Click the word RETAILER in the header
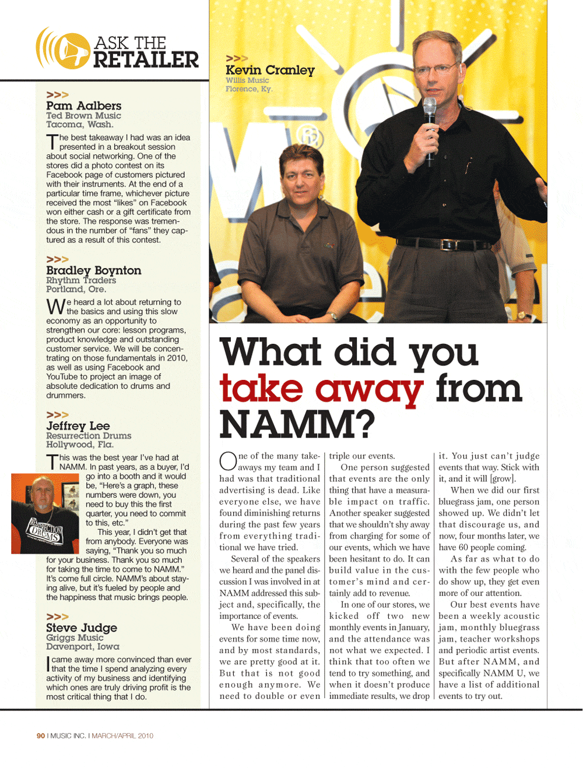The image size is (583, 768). tap(146, 59)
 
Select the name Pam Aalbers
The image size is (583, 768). tap(84, 105)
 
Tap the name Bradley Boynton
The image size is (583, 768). tap(93, 270)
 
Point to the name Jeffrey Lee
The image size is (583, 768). tap(78, 426)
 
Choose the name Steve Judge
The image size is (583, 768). tap(82, 628)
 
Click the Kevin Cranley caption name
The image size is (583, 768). tap(270, 71)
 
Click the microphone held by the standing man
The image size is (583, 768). tap(430, 111)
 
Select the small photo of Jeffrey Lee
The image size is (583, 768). tap(45, 513)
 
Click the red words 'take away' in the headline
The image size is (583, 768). tap(321, 389)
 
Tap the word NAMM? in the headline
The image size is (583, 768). tap(297, 424)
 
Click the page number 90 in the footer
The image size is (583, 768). tap(41, 736)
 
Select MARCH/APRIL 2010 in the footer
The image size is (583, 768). tap(122, 736)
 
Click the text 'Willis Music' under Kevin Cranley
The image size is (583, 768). tap(247, 80)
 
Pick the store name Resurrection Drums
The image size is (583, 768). tap(89, 436)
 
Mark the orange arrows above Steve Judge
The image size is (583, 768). tap(57, 616)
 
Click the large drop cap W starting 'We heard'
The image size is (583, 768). tap(55, 307)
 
